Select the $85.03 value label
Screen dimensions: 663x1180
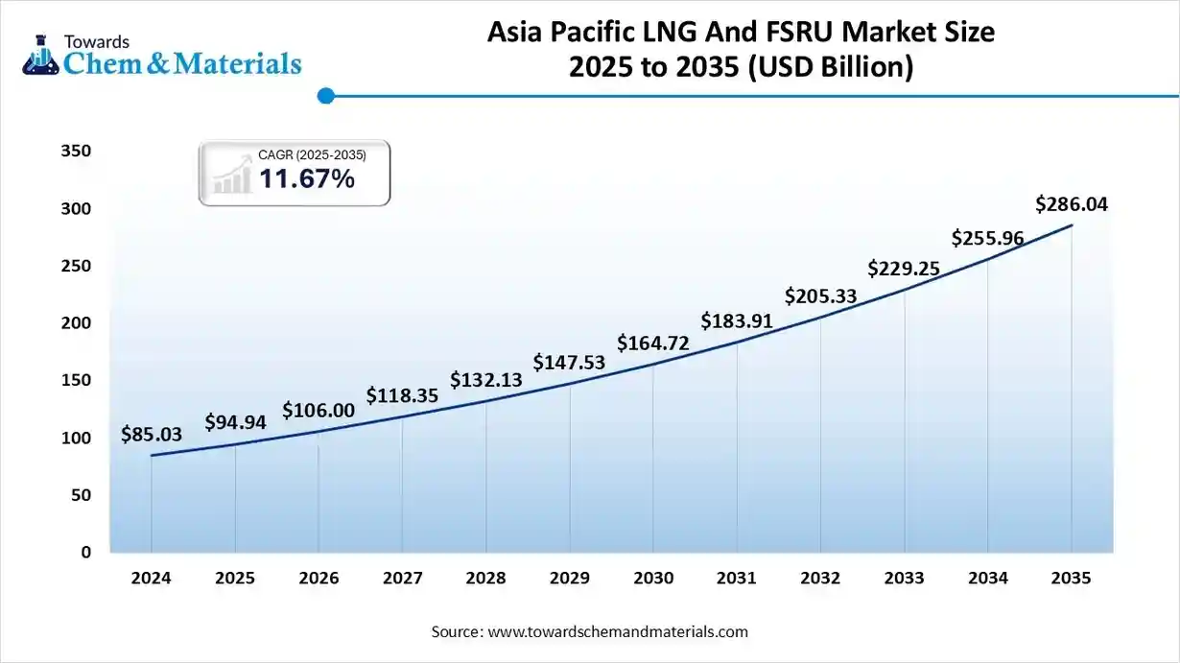point(152,435)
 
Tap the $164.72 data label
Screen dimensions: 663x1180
point(652,343)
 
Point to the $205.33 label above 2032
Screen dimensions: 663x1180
point(820,296)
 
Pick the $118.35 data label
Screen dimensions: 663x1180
point(402,395)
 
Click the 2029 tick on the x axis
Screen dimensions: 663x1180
point(570,579)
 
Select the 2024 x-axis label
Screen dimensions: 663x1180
point(151,579)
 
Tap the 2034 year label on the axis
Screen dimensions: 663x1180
point(988,579)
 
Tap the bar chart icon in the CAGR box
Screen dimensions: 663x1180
point(230,178)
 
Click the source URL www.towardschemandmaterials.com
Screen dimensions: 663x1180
point(618,632)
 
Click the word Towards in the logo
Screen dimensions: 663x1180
point(96,41)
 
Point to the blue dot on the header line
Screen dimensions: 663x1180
point(325,95)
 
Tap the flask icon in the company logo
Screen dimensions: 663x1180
point(40,55)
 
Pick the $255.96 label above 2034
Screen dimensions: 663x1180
point(987,238)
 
